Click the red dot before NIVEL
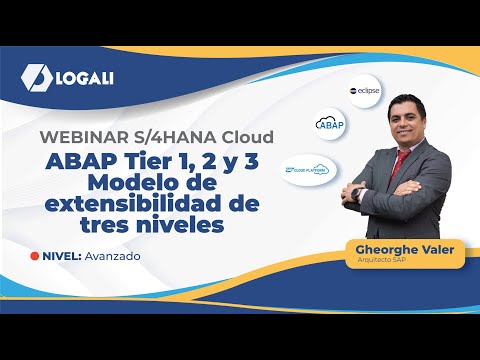(35, 256)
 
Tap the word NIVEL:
(60, 256)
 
